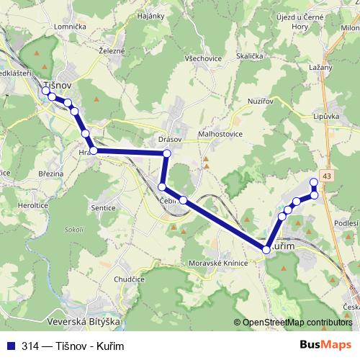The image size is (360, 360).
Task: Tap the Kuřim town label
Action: (287, 247)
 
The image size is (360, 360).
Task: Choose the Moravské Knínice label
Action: (217, 264)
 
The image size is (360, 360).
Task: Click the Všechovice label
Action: (203, 59)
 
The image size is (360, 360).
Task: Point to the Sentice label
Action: (104, 207)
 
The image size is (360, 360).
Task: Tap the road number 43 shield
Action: (328, 176)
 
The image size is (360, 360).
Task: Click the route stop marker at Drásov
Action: (167, 153)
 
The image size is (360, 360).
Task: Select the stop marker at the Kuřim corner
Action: (266, 249)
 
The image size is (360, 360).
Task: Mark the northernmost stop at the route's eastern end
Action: (314, 181)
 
